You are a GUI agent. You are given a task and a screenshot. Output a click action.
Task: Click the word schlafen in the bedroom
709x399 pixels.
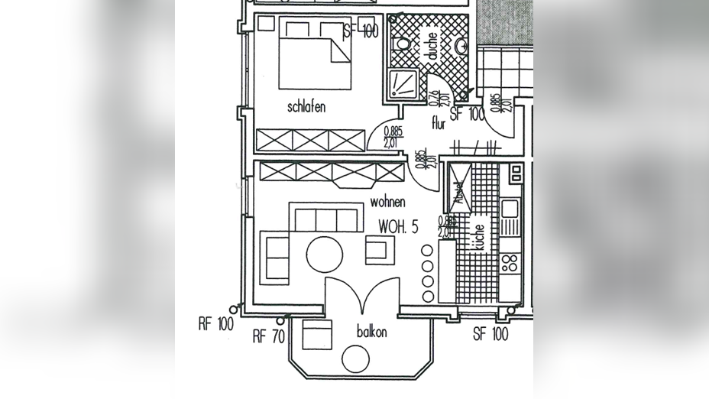[306, 107]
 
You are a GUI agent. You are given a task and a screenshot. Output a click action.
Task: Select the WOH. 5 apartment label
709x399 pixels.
[398, 227]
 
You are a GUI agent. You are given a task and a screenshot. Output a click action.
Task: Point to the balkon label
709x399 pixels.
[372, 332]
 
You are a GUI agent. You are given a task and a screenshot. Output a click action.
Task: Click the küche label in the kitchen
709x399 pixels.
[479, 238]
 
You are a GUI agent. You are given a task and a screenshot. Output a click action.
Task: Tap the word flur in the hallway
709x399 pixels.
[438, 124]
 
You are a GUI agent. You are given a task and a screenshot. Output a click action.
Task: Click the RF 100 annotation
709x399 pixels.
[215, 324]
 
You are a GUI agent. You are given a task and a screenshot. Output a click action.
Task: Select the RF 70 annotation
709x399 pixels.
[269, 336]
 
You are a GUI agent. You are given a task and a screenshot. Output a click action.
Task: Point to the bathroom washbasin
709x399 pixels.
[461, 47]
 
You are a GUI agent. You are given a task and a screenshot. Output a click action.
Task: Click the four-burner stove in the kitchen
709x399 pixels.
[509, 264]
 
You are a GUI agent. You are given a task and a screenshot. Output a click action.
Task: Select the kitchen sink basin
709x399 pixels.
[510, 207]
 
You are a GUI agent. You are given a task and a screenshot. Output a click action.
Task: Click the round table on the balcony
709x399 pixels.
[355, 358]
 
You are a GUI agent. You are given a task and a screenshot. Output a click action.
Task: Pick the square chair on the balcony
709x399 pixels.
[317, 334]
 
